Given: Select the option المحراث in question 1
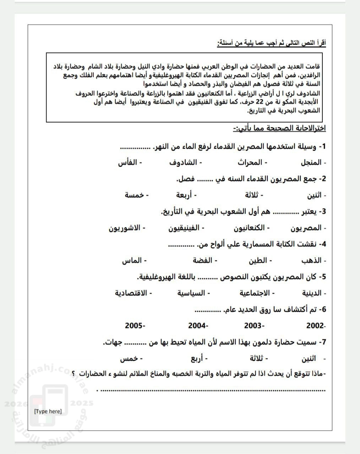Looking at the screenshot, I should [250, 162].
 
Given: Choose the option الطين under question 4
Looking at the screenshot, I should [257, 260].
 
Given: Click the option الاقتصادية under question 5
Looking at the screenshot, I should [131, 293].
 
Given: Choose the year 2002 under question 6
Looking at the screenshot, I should [315, 326].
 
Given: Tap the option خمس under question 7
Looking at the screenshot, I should [129, 358].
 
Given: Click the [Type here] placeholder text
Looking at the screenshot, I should [48, 411].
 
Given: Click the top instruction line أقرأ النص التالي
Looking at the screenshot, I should [272, 43].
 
